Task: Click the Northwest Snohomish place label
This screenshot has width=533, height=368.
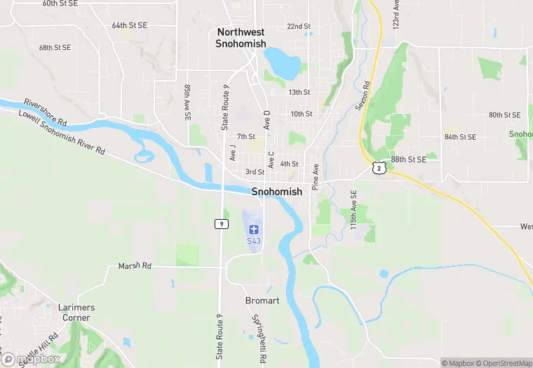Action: click(x=241, y=38)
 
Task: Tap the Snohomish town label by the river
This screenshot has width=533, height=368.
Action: click(x=276, y=191)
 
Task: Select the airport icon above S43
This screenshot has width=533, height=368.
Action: click(x=253, y=229)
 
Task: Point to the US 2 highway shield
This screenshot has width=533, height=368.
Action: click(x=379, y=167)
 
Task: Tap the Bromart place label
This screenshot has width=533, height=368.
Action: click(x=262, y=301)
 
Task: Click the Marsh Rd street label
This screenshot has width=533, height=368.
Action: click(x=135, y=266)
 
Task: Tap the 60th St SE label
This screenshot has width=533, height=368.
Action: click(x=60, y=4)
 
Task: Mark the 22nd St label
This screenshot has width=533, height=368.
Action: click(x=299, y=27)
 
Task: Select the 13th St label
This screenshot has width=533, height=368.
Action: click(x=299, y=92)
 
